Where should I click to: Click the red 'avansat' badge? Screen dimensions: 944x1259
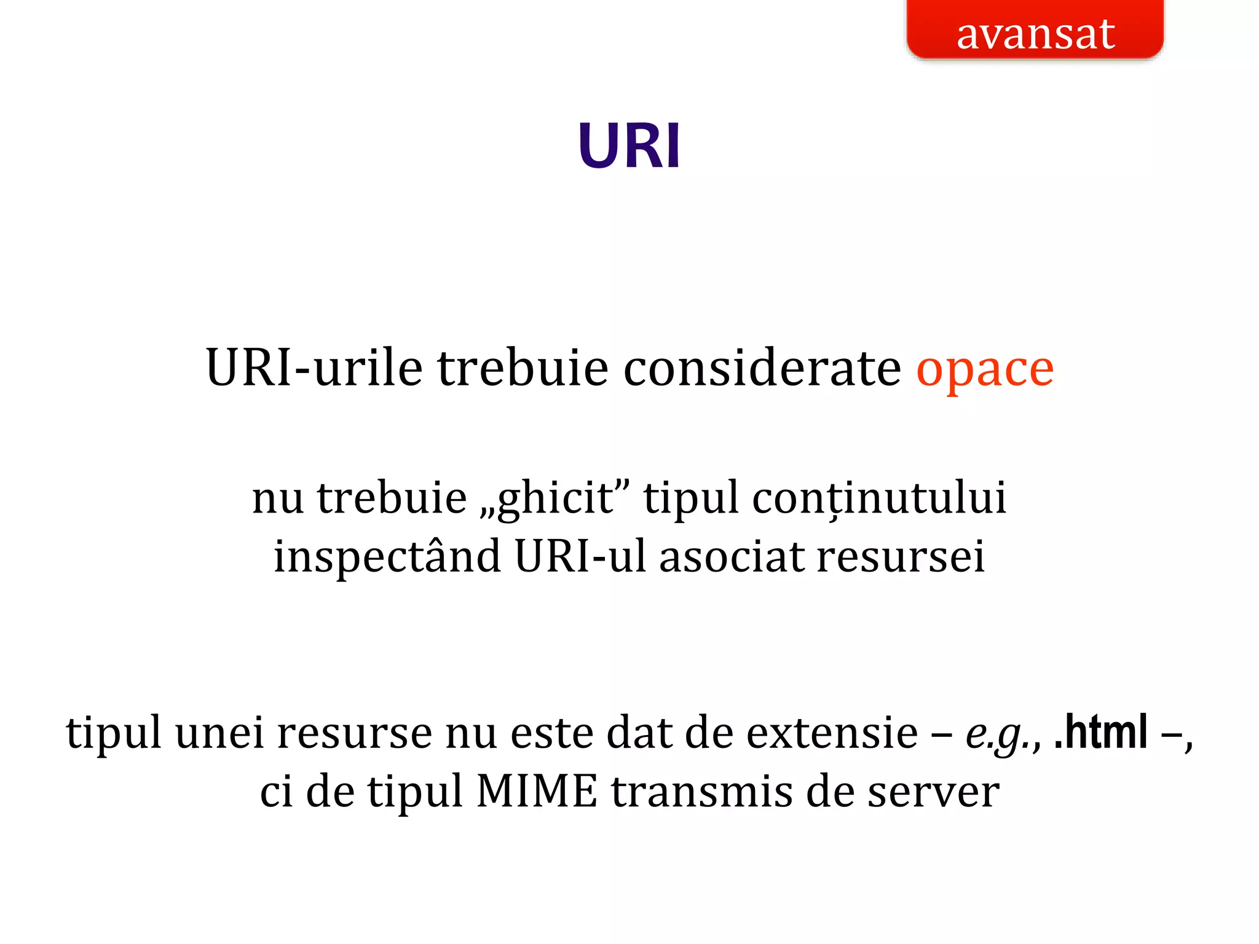point(1035,31)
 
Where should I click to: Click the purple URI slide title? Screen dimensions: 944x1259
point(629,146)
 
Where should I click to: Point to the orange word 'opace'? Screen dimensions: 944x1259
point(985,369)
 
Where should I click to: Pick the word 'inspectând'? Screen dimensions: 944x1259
point(387,556)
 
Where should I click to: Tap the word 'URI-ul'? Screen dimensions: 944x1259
point(580,556)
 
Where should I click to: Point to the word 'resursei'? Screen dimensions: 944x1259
point(901,556)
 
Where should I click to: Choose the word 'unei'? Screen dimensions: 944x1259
point(219,733)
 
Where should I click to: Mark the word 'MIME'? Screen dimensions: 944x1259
point(537,792)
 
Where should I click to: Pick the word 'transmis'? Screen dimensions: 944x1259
point(701,792)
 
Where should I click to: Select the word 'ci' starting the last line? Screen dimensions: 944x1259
point(276,792)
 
